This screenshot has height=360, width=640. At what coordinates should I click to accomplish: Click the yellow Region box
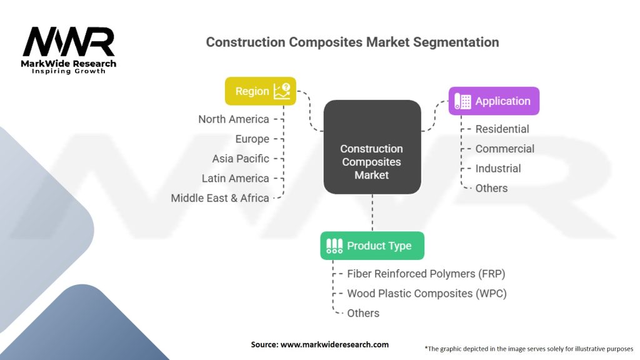[x=261, y=91]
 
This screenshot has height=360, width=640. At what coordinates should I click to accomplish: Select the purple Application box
[x=494, y=101]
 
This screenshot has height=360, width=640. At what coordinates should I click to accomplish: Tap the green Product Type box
[x=372, y=246]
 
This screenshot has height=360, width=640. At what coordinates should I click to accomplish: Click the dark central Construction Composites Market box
[x=372, y=147]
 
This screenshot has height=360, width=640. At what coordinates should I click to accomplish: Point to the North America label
[x=234, y=119]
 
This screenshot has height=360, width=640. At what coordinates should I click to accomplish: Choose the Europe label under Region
[x=252, y=139]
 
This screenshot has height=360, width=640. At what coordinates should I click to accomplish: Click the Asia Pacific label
[x=241, y=159]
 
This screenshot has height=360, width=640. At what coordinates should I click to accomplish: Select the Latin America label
[x=235, y=178]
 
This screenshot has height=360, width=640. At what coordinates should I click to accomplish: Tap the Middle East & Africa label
[x=220, y=198]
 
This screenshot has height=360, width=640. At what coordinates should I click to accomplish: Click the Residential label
[x=502, y=129]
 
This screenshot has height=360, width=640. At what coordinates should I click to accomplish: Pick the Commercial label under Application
[x=504, y=149]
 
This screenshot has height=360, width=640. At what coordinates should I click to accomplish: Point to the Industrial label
[x=498, y=169]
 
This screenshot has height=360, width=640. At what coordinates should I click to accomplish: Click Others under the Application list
[x=491, y=188]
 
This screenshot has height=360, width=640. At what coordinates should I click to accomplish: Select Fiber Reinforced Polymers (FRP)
[x=426, y=274]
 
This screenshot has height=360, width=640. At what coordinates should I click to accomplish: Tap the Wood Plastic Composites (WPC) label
[x=426, y=294]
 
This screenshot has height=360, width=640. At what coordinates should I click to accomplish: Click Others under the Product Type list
[x=363, y=313]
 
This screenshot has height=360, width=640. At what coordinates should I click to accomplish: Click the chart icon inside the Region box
[x=282, y=91]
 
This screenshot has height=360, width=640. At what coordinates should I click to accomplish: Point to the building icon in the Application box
[x=463, y=101]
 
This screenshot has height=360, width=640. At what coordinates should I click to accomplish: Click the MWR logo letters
[x=69, y=41]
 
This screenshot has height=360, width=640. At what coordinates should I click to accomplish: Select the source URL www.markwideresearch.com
[x=334, y=344]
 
